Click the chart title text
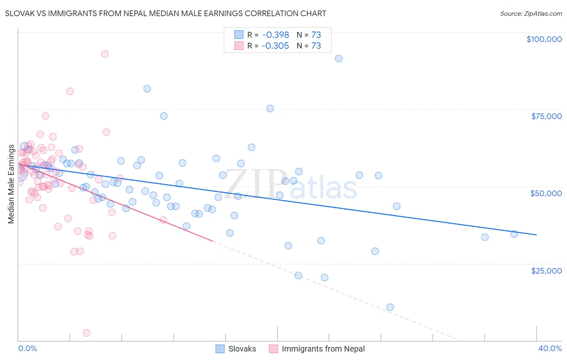pyautogui.click(x=165, y=13)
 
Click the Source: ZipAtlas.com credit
pyautogui.click(x=531, y=13)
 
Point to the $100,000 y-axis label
pyautogui.click(x=544, y=39)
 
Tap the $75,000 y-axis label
pyautogui.click(x=546, y=116)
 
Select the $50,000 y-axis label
pyautogui.click(x=546, y=193)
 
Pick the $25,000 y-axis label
pyautogui.click(x=546, y=270)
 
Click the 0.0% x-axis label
pyautogui.click(x=27, y=348)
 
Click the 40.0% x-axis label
pyautogui.click(x=550, y=348)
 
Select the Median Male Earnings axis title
pyautogui.click(x=11, y=184)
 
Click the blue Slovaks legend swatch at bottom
pyautogui.click(x=220, y=349)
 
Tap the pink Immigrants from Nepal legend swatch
pyautogui.click(x=273, y=349)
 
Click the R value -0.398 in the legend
pyautogui.click(x=275, y=35)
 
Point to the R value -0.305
pyautogui.click(x=275, y=46)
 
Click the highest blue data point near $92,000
pyautogui.click(x=339, y=59)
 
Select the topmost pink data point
pyautogui.click(x=105, y=54)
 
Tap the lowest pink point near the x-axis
pyautogui.click(x=87, y=333)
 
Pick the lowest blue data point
pyautogui.click(x=390, y=307)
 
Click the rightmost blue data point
pyautogui.click(x=514, y=234)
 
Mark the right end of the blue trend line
pyautogui.click(x=536, y=234)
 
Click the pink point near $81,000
pyautogui.click(x=70, y=91)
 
